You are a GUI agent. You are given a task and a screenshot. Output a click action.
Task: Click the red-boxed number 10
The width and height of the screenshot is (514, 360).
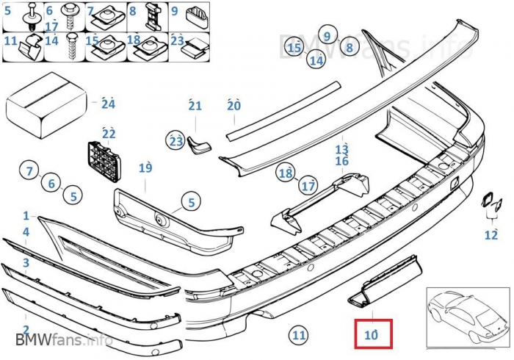coord(372,334)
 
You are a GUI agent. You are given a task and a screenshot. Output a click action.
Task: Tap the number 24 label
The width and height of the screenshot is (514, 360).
coord(109,104)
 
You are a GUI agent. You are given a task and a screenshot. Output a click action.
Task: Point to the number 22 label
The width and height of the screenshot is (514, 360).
coord(109,134)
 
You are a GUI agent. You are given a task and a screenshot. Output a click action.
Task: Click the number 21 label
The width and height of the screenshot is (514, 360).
coord(195,106)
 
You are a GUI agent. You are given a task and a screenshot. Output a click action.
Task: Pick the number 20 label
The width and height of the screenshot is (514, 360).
coord(234,106)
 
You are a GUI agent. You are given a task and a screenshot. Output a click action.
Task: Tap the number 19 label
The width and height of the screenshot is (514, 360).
coord(145,168)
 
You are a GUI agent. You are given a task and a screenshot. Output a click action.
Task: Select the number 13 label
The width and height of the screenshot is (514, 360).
coord(342,150)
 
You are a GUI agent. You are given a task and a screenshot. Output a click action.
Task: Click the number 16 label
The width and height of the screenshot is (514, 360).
coord(342,161)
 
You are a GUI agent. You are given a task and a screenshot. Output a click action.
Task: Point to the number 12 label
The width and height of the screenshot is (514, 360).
coord(491,235)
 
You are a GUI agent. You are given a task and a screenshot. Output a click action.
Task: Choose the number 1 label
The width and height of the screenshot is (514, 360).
coord(26,216)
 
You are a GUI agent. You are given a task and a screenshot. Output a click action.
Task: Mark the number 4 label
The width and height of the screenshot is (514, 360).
coord(26,232)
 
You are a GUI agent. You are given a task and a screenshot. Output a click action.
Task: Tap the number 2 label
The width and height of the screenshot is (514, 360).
coord(26,329)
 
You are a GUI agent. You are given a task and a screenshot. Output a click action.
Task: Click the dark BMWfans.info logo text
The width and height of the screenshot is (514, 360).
coord(64,339)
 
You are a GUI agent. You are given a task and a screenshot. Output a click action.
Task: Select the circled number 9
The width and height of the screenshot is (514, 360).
coord(328,33)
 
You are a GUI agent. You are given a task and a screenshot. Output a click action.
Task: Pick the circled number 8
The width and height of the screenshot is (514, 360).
coord(349,48)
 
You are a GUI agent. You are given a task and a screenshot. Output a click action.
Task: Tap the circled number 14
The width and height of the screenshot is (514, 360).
coord(316,61)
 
